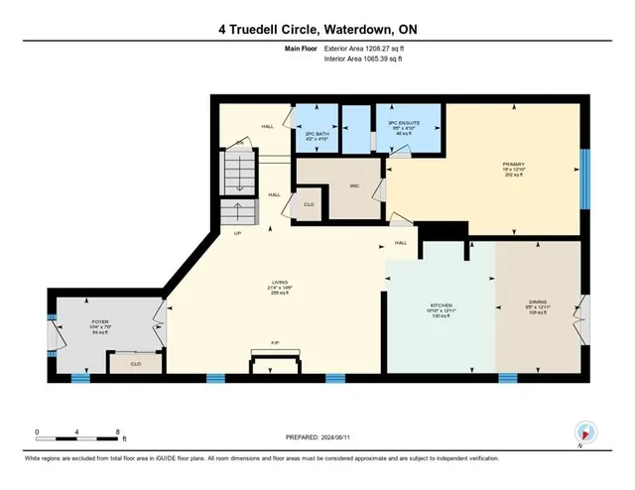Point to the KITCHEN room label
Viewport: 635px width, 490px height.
click(442, 305)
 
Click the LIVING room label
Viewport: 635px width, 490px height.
click(279, 282)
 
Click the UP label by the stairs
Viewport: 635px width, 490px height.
click(238, 234)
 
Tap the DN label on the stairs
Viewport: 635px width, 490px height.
click(238, 145)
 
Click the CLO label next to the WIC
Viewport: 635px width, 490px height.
click(310, 204)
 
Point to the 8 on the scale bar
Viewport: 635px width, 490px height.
click(118, 432)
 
